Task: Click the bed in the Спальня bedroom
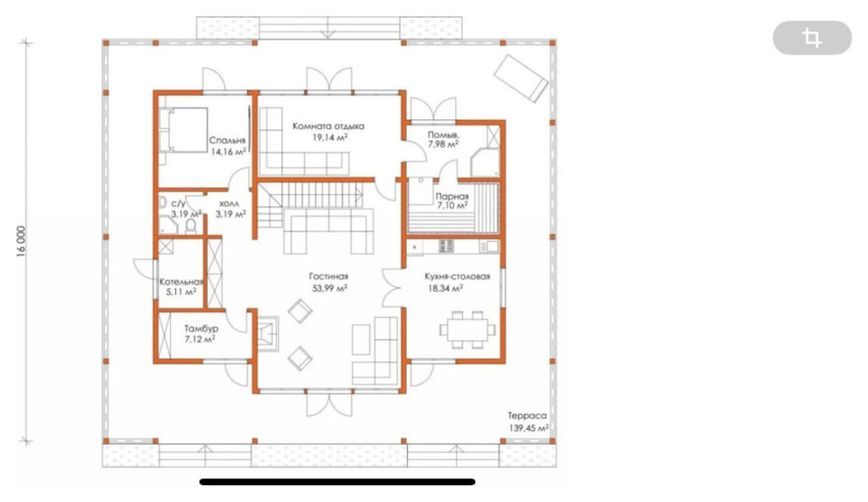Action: [x=183, y=130]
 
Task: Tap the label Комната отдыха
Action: [x=328, y=126]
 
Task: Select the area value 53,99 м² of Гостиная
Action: [x=329, y=288]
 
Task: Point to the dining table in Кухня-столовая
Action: [x=468, y=330]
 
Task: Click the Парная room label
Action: [x=452, y=196]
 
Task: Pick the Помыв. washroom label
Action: [x=444, y=134]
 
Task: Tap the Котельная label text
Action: [x=181, y=282]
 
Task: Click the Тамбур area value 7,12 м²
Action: [x=200, y=339]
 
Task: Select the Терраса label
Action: [x=527, y=416]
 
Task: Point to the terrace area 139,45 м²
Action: [x=529, y=427]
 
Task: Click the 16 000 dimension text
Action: [x=21, y=241]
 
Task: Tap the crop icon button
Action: [x=812, y=38]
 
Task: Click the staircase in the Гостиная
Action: [x=311, y=203]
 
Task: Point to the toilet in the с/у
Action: [x=191, y=226]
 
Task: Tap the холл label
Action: [x=229, y=204]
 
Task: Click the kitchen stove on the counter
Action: [x=446, y=246]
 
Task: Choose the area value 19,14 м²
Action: [x=330, y=138]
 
